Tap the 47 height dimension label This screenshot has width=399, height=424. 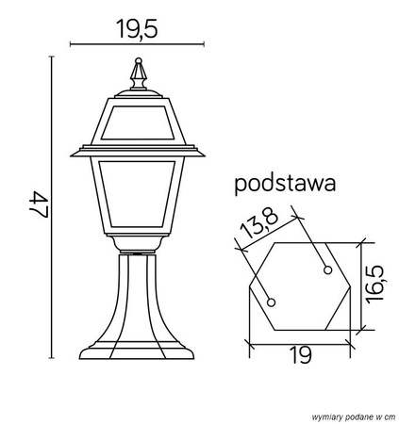click(39, 206)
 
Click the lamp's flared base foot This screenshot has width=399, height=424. click(139, 353)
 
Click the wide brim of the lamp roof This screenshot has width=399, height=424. click(139, 151)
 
